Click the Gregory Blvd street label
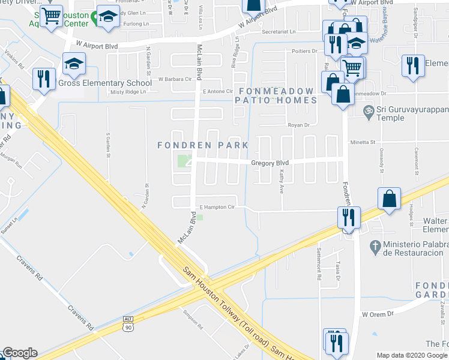pyautogui.click(x=270, y=163)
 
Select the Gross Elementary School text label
pyautogui.click(x=105, y=83)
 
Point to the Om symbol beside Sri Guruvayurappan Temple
pyautogui.click(x=368, y=110)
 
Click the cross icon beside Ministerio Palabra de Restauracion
pyautogui.click(x=375, y=246)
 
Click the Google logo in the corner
pyautogui.click(x=19, y=353)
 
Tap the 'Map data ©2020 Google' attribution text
pyautogui.click(x=412, y=355)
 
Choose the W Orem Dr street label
pyautogui.click(x=377, y=314)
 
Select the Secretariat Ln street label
pyautogui.click(x=275, y=31)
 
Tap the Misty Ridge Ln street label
pyautogui.click(x=129, y=92)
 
